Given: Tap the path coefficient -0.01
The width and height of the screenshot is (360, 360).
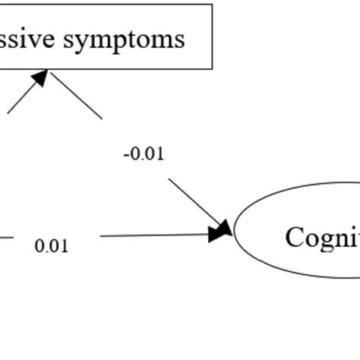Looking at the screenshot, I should click(x=144, y=154).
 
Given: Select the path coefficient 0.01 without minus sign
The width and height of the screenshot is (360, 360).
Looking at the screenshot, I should click(x=52, y=246).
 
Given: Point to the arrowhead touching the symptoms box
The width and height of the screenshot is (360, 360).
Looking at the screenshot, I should click(x=41, y=77).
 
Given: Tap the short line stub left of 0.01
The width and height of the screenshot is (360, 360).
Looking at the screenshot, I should click(x=6, y=238).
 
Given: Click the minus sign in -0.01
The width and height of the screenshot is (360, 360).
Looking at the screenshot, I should click(x=125, y=155).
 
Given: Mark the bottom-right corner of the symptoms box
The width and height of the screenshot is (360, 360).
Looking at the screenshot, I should click(x=212, y=69).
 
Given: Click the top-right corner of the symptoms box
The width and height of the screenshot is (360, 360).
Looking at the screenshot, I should click(x=212, y=5).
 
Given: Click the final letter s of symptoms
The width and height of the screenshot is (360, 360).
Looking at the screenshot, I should click(x=179, y=39).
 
